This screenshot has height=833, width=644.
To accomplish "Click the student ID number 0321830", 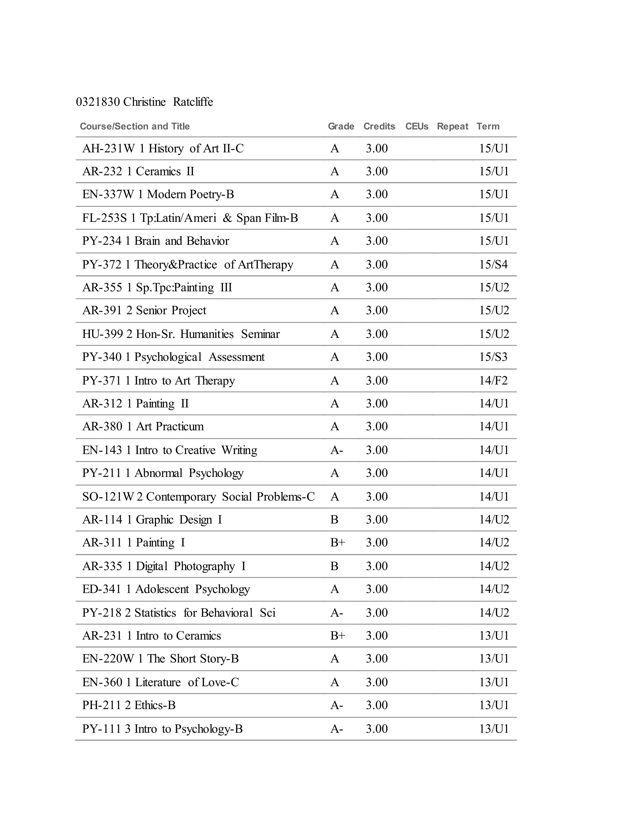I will tap(98, 102).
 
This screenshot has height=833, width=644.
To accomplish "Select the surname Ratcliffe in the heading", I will tap(193, 102).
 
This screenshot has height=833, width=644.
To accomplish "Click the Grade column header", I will tap(341, 126).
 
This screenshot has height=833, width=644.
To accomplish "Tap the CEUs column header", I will tap(417, 126).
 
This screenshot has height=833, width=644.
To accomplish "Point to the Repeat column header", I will tap(452, 126).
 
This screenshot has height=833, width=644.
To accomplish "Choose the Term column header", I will tap(488, 126).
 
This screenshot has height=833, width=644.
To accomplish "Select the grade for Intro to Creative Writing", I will tap(336, 450).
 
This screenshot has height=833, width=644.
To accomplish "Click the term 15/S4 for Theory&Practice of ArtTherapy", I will tap(493, 264).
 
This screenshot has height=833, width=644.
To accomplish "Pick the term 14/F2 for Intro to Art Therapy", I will tap(493, 381).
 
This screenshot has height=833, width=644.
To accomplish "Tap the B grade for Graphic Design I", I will tap(334, 520).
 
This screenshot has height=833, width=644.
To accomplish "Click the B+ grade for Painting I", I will tap(337, 542).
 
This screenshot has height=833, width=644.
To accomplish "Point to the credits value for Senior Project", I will tap(376, 311).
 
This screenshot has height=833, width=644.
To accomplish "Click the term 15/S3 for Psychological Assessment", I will tap(493, 357).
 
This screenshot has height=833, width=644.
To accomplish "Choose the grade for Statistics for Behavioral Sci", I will tap(336, 613).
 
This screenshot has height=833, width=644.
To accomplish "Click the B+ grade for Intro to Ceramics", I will tap(337, 635).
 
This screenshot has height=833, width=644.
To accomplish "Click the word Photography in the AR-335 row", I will tap(204, 566).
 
